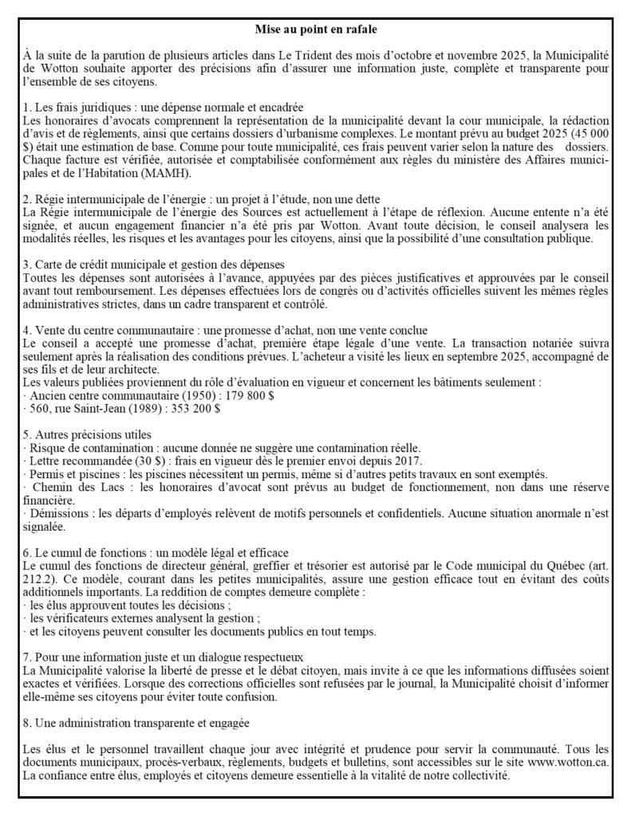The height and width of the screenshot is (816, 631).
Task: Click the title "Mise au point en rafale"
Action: click(315, 29)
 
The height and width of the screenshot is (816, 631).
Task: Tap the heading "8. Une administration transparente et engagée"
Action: click(136, 723)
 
